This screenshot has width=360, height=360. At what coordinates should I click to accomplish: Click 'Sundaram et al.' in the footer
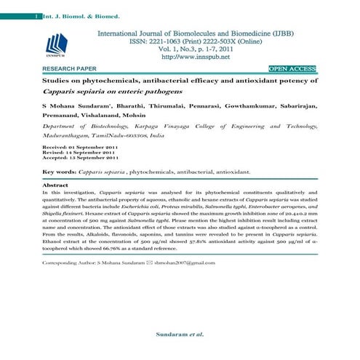[x=180, y=335]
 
